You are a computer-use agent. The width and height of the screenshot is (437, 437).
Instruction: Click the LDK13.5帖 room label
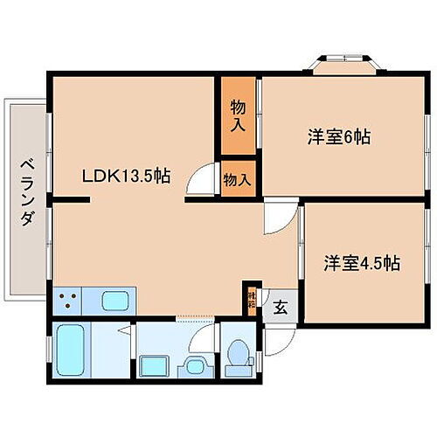point(126,176)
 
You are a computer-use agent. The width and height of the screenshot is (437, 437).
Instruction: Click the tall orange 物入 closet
point(238,115)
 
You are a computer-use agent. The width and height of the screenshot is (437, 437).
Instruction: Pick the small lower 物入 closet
point(238,178)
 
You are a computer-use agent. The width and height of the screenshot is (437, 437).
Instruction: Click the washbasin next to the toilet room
point(194,365)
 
